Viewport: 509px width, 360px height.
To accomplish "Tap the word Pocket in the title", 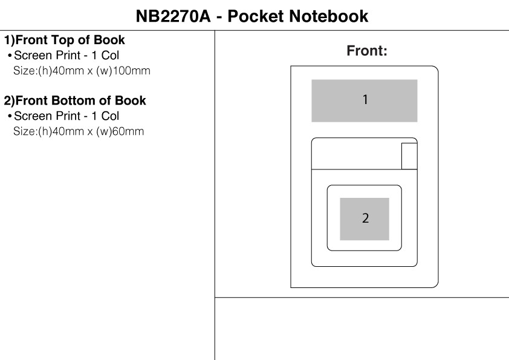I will point(256,16).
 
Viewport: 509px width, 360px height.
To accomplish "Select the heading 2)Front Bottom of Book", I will point(75,100).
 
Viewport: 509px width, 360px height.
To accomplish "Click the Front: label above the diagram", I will point(366,52).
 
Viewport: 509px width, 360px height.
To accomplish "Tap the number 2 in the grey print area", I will point(365,218).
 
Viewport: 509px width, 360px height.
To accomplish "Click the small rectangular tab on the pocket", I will point(409,157).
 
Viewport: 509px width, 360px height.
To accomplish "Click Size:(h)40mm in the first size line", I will point(44,70).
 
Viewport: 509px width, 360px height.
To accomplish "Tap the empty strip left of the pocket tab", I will point(356,157).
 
